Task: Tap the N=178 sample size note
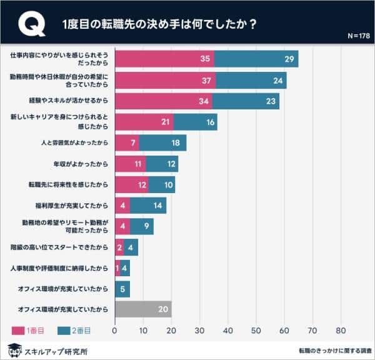coord(358,36)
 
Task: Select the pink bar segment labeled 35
coord(164,59)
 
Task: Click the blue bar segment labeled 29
coord(256,59)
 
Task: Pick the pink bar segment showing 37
coord(166,80)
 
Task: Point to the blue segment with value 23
coord(246,101)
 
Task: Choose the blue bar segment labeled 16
coord(195,122)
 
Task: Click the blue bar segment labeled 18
coord(162,143)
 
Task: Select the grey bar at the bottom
coord(143,309)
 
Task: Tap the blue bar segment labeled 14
coord(148,205)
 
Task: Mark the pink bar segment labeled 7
coord(127,143)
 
